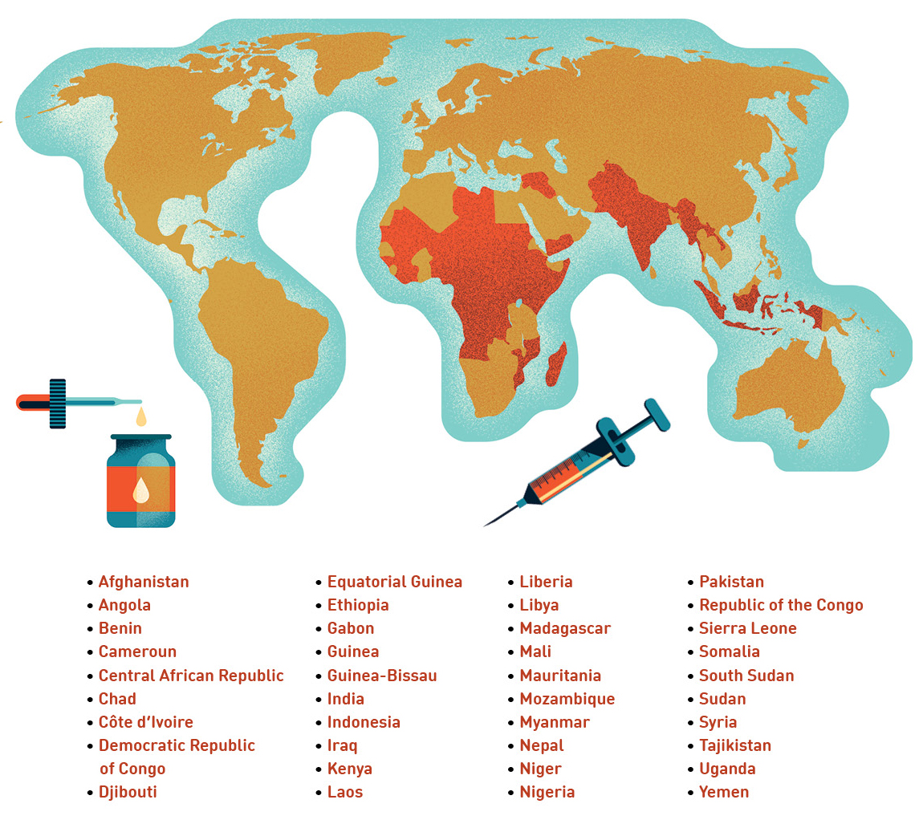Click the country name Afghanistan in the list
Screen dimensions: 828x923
coord(144,582)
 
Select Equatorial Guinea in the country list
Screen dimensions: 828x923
coord(394,582)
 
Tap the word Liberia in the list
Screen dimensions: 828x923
coord(546,582)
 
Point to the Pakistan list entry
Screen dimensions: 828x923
coord(731,582)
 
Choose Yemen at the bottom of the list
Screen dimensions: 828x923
coord(723,792)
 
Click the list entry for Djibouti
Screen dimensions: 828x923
coord(128,792)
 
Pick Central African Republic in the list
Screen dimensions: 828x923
coord(191,676)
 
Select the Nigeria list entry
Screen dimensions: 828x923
coord(547,792)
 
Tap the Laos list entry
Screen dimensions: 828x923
coord(344,792)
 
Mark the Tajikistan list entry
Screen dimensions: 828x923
coord(734,745)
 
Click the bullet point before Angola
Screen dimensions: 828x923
coord(90,606)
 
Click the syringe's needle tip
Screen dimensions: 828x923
coord(486,525)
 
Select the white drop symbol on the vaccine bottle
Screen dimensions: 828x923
coord(140,490)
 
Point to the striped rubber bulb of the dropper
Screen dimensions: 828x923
coord(57,403)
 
